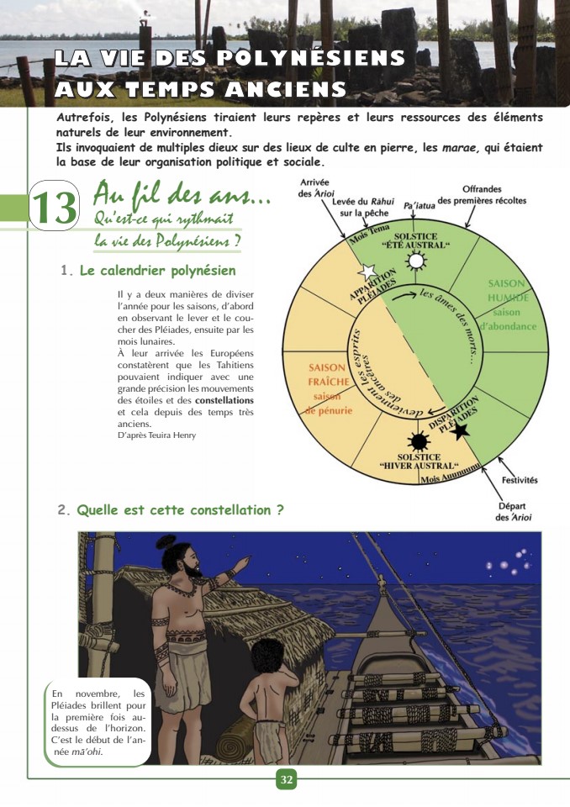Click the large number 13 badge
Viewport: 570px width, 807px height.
[55, 208]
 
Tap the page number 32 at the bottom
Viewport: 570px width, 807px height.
[287, 780]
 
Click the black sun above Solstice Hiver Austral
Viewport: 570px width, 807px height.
[418, 440]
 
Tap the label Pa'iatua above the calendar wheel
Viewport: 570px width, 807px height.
[420, 204]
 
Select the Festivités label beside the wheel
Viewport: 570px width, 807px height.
[520, 480]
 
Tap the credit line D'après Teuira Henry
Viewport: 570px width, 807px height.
[157, 435]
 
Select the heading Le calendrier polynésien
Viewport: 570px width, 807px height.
[157, 272]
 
